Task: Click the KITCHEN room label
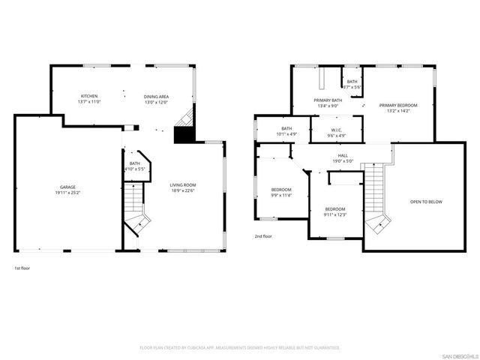pos(90,96)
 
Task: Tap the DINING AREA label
pos(156,96)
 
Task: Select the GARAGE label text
pos(68,187)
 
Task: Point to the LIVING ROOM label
pos(182,184)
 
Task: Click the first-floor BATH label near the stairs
pos(134,163)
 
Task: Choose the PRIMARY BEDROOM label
pos(397,105)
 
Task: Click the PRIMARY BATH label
pos(328,100)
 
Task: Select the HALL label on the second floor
pos(343,155)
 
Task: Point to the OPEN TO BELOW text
pos(425,202)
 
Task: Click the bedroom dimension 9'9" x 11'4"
pos(281,196)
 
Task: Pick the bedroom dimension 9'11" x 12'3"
pos(334,214)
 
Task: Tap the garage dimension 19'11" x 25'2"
pos(68,192)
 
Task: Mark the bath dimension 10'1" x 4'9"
pos(286,134)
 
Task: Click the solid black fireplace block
pos(183,135)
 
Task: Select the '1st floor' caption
pos(22,268)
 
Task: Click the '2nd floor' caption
pos(263,235)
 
